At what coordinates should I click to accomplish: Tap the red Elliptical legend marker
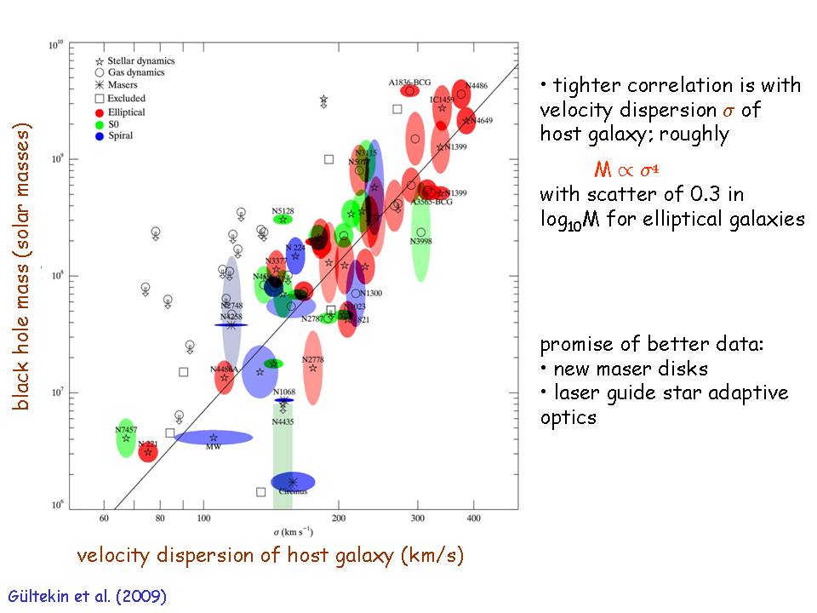click(x=99, y=112)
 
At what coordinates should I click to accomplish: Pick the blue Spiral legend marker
click(x=99, y=136)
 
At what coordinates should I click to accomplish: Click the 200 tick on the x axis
click(x=339, y=518)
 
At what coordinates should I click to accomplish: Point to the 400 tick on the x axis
click(x=473, y=518)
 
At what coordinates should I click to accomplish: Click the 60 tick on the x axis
click(x=105, y=518)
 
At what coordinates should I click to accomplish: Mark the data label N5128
click(x=283, y=209)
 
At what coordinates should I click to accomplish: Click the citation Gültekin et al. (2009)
click(x=87, y=596)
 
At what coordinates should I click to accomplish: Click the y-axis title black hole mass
click(x=23, y=268)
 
